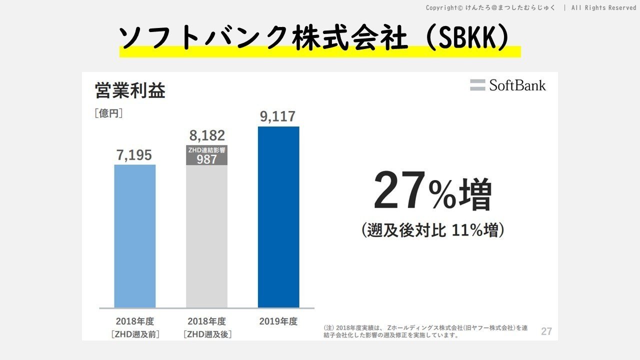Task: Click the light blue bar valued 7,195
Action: (x=134, y=235)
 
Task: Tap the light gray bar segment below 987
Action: (x=206, y=235)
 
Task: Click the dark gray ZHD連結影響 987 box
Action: (x=206, y=155)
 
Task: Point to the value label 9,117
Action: (x=277, y=116)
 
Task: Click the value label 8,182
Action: (x=207, y=135)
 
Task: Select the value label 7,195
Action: (x=134, y=155)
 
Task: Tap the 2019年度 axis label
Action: (x=278, y=321)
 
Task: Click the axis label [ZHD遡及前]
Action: (x=135, y=334)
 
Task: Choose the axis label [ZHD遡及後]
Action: (x=207, y=334)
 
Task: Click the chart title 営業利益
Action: (x=130, y=91)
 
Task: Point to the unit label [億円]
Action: (x=108, y=113)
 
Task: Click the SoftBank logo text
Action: (x=517, y=85)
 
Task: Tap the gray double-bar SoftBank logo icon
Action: (x=477, y=85)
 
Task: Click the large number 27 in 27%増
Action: (x=400, y=191)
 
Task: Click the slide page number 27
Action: (x=546, y=331)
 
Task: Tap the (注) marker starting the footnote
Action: (x=328, y=328)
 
